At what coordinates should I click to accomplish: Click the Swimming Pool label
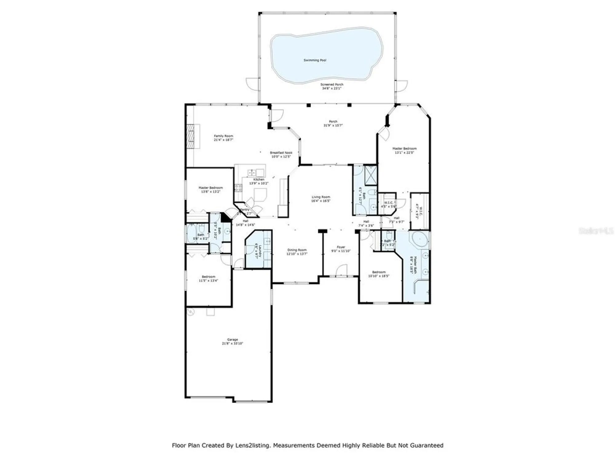point(315,61)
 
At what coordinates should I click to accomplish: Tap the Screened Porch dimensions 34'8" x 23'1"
point(332,89)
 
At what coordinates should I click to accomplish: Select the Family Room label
point(224,136)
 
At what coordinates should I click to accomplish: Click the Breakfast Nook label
point(281,153)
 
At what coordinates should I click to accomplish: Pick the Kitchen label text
point(259,179)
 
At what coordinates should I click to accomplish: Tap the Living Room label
point(321,197)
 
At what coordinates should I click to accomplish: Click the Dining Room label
point(297,250)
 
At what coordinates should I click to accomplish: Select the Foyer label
point(341,247)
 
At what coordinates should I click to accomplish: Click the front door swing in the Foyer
point(341,270)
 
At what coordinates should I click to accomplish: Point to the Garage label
point(232,340)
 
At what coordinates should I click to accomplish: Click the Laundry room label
point(260,250)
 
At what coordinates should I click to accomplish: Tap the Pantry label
point(245,210)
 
